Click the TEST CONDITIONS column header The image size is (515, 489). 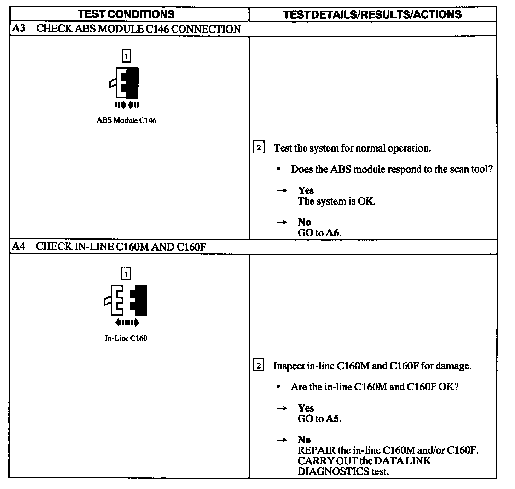pos(126,14)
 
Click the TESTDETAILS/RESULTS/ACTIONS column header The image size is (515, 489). pos(372,14)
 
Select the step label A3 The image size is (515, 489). pos(18,29)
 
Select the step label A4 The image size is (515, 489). pos(18,247)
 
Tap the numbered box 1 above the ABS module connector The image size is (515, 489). pos(126,56)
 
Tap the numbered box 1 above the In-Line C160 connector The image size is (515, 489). pos(126,274)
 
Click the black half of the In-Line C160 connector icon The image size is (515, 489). pos(140,300)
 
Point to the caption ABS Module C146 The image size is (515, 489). pos(126,120)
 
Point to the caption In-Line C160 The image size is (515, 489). pos(126,338)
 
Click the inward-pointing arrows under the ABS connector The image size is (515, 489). pos(127,105)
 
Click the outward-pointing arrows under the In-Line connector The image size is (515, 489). pos(127,323)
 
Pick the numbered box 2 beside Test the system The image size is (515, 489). pos(259,148)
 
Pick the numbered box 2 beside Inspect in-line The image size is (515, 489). pos(259,366)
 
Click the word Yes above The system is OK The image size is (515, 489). pos(306,190)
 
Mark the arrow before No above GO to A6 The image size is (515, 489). pos(281,223)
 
